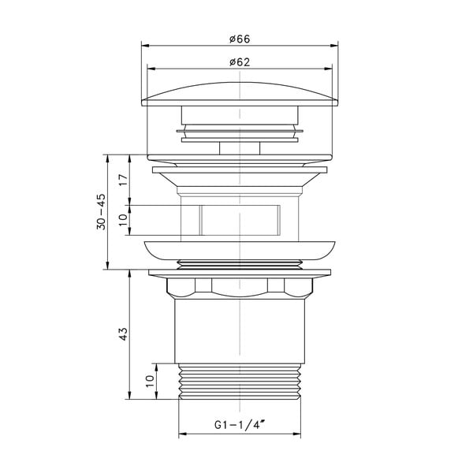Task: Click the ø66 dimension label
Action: [x=240, y=39]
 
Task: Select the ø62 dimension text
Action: [x=240, y=62]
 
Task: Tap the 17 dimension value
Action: [x=122, y=179]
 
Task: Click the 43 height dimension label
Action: [x=122, y=334]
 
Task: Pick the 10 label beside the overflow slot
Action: [x=122, y=220]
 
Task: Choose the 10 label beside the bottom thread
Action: [x=151, y=382]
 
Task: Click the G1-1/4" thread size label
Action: [x=240, y=426]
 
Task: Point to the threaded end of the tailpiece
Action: [x=240, y=382]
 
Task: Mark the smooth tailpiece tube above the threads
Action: [x=240, y=331]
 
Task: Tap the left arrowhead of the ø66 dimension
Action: [x=145, y=46]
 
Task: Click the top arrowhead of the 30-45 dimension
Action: [x=107, y=156]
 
